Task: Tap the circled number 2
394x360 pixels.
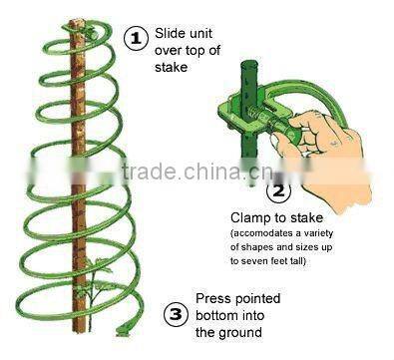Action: pyautogui.click(x=279, y=188)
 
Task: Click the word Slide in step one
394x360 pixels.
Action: pyautogui.click(x=173, y=33)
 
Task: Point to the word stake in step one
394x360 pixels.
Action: pyautogui.click(x=171, y=68)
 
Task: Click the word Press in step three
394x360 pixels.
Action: pyautogui.click(x=214, y=299)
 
